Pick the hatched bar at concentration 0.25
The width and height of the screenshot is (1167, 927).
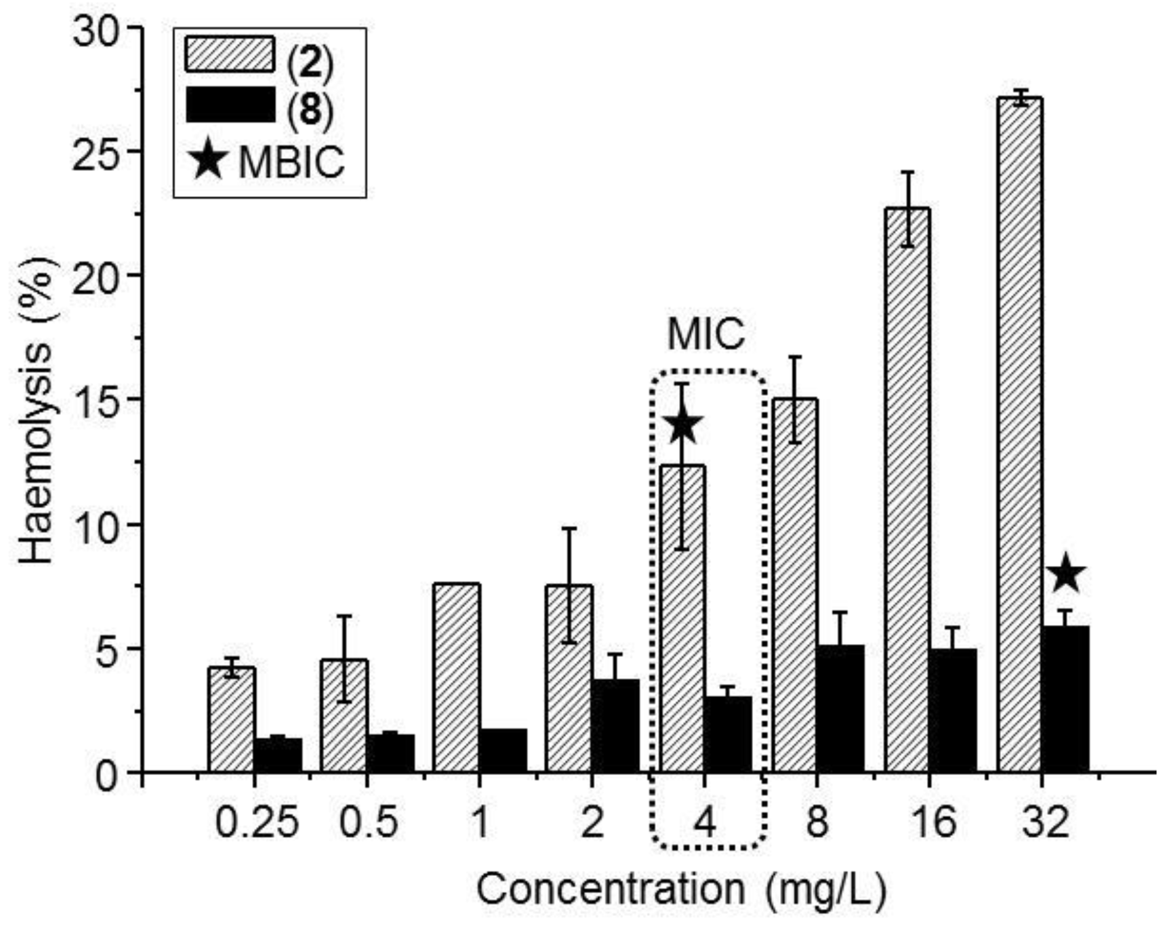coord(231,719)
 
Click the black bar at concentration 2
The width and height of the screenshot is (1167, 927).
coord(615,726)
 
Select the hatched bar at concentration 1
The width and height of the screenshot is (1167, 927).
coord(456,677)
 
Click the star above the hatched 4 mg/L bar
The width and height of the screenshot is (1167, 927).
coord(683,424)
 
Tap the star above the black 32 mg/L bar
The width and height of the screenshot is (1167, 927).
coord(1065,573)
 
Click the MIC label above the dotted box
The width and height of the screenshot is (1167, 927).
coord(706,335)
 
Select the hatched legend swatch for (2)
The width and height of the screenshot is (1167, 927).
coord(230,55)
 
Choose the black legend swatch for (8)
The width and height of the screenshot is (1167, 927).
coord(230,105)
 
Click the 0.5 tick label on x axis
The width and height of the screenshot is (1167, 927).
coord(368,822)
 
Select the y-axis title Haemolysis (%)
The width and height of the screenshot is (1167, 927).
coord(36,411)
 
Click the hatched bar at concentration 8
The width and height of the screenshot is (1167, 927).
coord(795,584)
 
